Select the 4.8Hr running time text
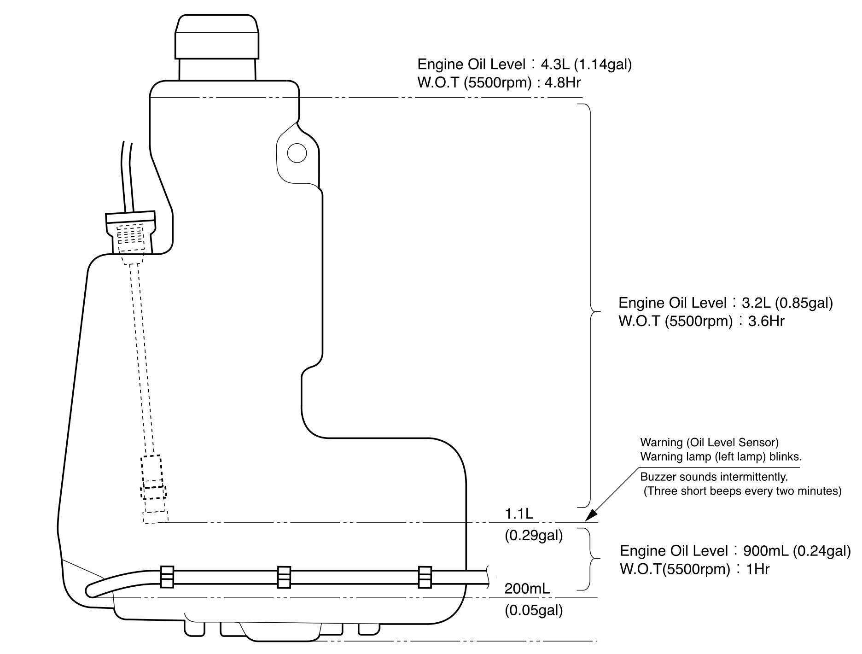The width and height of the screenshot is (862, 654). coord(563,83)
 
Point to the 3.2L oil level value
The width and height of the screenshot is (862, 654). coord(756,303)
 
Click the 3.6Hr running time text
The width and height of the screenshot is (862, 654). coord(766,321)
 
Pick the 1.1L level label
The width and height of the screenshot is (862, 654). coord(518,513)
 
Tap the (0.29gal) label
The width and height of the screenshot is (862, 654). coord(534,536)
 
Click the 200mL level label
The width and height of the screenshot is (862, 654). coord(527,589)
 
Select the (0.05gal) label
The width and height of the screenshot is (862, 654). coord(534,611)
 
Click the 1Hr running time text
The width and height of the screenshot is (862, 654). coord(757,569)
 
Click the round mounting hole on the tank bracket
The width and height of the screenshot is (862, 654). coord(297,152)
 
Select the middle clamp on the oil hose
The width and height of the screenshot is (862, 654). coord(284,577)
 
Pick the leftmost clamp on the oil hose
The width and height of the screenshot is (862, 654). coord(167,577)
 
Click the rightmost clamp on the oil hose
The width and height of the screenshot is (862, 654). coord(425,577)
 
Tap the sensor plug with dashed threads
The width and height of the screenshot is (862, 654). coord(131,233)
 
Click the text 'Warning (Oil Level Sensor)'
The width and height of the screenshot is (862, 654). coord(709,443)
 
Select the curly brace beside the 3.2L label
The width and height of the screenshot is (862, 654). coord(591,306)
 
